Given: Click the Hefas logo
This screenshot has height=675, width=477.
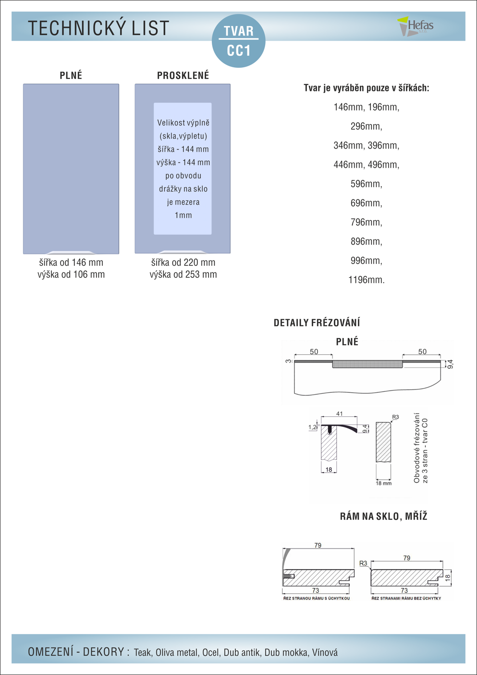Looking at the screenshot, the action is [x=415, y=26].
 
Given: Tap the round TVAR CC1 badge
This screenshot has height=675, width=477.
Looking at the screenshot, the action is [x=238, y=41].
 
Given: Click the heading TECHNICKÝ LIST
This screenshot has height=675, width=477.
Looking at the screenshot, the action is [x=98, y=28].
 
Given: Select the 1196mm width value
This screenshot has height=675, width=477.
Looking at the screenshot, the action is [x=367, y=280].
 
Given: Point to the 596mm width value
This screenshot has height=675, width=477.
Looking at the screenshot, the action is [x=367, y=184].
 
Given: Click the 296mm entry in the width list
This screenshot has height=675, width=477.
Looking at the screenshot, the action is [x=367, y=126].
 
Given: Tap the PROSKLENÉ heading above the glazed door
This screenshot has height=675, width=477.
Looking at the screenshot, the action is [x=183, y=75].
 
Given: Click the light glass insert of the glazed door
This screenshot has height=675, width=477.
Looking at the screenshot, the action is [x=183, y=168].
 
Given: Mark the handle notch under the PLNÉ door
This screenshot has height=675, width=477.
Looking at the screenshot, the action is [x=71, y=252].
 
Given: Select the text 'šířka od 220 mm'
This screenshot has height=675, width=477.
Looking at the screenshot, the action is [x=183, y=262].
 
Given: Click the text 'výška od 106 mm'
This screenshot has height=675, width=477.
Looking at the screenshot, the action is [x=71, y=275].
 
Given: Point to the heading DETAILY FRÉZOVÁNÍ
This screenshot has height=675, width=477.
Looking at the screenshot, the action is [x=317, y=323].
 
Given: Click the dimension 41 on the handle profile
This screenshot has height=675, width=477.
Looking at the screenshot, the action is [x=340, y=414].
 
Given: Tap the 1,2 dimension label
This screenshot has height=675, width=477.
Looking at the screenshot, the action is [x=312, y=427].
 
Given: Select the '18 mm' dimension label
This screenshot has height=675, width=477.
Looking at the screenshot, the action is [x=384, y=483].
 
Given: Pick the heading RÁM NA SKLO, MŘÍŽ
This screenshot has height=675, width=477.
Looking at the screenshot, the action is [x=383, y=516].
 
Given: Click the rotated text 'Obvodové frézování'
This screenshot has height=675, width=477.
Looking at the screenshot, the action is [x=417, y=448].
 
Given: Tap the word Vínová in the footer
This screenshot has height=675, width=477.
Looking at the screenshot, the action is [x=325, y=652].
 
